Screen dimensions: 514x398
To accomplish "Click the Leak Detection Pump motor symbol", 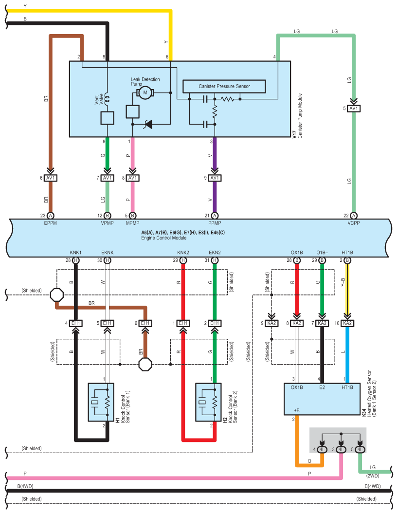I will [x=145, y=92].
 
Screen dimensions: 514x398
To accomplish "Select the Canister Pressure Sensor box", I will [x=224, y=86].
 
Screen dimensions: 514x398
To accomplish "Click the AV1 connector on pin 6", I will [x=51, y=178].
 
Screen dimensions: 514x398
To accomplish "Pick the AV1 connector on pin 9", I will [x=215, y=178].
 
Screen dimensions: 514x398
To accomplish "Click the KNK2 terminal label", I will [x=183, y=253].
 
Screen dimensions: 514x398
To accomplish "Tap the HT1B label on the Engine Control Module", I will [x=347, y=253].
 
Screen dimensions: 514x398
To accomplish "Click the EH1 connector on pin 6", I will [x=145, y=323].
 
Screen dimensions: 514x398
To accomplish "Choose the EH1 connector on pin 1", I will [x=183, y=323].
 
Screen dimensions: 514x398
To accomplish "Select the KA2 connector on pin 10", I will [x=347, y=323].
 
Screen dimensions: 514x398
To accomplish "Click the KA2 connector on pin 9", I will [x=271, y=323].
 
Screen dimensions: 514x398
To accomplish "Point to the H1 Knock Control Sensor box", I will [x=101, y=402].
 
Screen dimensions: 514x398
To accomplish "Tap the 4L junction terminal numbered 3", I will [x=341, y=449].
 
